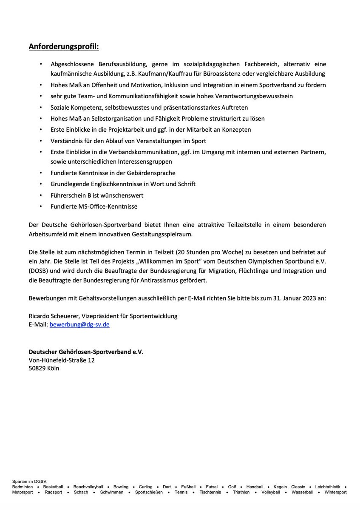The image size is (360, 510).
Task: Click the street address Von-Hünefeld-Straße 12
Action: coord(62,360)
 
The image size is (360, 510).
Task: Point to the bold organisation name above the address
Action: coord(86,352)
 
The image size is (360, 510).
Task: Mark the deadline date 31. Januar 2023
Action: coord(302,298)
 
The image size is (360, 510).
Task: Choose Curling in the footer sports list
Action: coord(146,487)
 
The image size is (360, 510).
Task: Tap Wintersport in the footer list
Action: coord(335,492)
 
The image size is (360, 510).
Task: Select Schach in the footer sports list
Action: coord(81,492)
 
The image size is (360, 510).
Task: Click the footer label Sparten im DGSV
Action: coord(30,481)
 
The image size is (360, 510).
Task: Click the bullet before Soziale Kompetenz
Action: coord(41,107)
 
